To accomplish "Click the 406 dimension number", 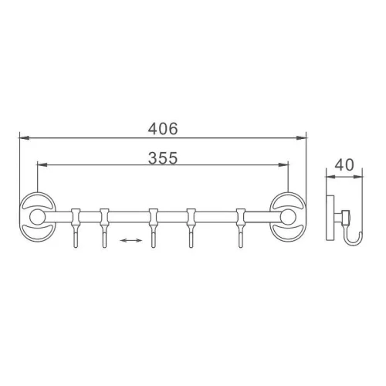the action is (163, 128).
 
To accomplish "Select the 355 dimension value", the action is (163, 157).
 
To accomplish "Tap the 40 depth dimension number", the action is (344, 164).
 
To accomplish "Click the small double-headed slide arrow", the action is (131, 240).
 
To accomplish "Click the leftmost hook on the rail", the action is (76, 228).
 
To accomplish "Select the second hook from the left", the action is (104, 228).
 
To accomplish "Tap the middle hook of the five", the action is (154, 228).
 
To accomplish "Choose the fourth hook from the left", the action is (191, 228).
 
